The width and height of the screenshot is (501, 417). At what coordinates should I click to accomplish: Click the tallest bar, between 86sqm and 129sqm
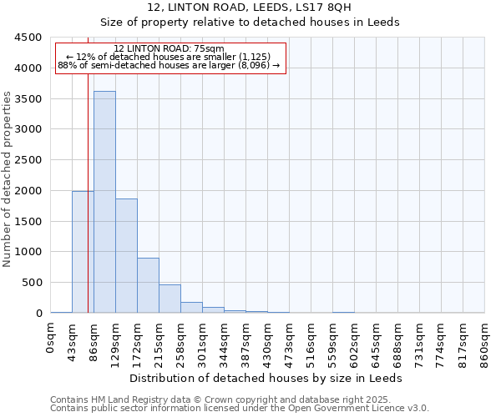104,202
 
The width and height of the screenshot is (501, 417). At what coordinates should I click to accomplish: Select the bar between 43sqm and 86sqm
83,252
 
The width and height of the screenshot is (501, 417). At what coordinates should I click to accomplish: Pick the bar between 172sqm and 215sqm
148,285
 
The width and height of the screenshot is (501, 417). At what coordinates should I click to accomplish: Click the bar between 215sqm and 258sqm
170,299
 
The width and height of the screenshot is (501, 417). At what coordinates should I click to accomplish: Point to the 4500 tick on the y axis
28,38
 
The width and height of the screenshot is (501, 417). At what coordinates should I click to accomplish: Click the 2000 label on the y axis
28,191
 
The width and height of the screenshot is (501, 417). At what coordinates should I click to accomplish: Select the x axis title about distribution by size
266,378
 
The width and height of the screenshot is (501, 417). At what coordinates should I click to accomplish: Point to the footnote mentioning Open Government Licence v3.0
240,409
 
